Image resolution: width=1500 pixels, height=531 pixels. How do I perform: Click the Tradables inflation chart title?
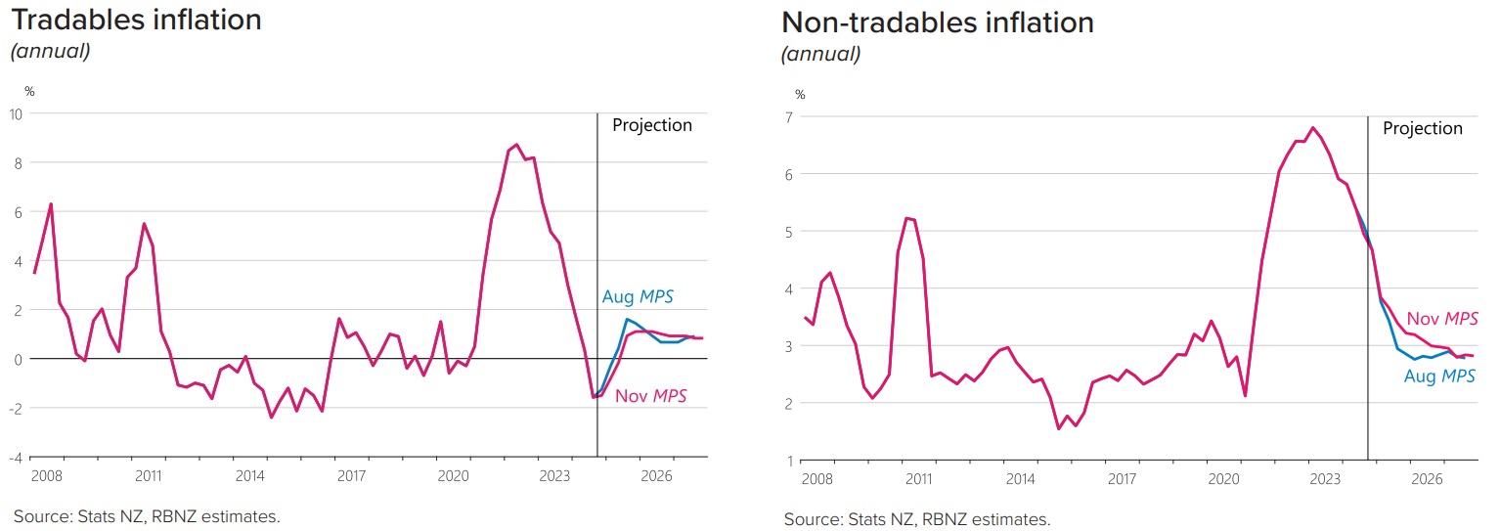click(136, 20)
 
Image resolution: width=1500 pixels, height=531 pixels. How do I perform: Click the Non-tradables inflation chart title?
click(937, 22)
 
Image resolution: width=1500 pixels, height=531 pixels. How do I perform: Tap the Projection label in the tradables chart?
click(651, 125)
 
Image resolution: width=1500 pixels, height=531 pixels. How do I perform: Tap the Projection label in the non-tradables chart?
click(1422, 128)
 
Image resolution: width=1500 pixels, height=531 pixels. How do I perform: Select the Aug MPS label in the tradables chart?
click(637, 297)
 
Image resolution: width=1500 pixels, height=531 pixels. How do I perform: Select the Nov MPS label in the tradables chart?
click(650, 396)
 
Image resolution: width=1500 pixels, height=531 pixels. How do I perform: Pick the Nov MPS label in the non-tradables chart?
click(1441, 318)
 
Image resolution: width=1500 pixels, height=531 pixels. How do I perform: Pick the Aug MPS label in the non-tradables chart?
click(1438, 376)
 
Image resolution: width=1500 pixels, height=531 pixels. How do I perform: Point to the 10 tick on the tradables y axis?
click(17, 113)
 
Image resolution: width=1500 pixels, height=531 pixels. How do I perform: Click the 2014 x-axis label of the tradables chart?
click(249, 476)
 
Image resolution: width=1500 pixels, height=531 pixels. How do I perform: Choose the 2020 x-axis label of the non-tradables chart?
click(1223, 479)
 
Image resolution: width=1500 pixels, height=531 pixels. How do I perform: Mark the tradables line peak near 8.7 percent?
click(517, 144)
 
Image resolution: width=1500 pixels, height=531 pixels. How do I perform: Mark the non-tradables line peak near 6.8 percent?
click(1313, 127)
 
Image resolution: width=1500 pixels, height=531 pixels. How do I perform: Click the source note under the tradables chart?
click(147, 515)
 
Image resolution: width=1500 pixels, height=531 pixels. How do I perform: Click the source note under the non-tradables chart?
click(916, 519)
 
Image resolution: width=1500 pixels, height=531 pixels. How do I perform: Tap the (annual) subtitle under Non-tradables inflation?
click(820, 55)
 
